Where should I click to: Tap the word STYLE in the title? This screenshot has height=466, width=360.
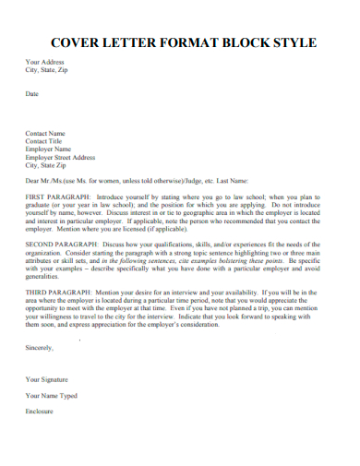pyautogui.click(x=294, y=42)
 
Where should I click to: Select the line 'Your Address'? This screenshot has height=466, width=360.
pyautogui.click(x=45, y=62)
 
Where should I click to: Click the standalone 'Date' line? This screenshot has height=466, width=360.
pyautogui.click(x=32, y=94)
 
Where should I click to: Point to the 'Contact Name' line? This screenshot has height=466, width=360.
pyautogui.click(x=45, y=133)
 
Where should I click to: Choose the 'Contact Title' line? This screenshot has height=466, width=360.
pyautogui.click(x=44, y=141)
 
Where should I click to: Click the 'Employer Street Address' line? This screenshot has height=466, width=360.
pyautogui.click(x=60, y=157)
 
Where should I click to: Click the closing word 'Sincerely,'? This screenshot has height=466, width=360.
pyautogui.click(x=40, y=348)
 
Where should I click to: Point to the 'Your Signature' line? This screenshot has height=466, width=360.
pyautogui.click(x=46, y=379)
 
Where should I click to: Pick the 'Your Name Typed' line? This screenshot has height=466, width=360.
pyautogui.click(x=50, y=395)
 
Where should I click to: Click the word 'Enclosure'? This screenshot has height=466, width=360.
pyautogui.click(x=39, y=411)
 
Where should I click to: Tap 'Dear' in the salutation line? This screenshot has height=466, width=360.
pyautogui.click(x=32, y=181)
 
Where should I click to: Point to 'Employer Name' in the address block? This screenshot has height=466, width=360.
pyautogui.click(x=48, y=149)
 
